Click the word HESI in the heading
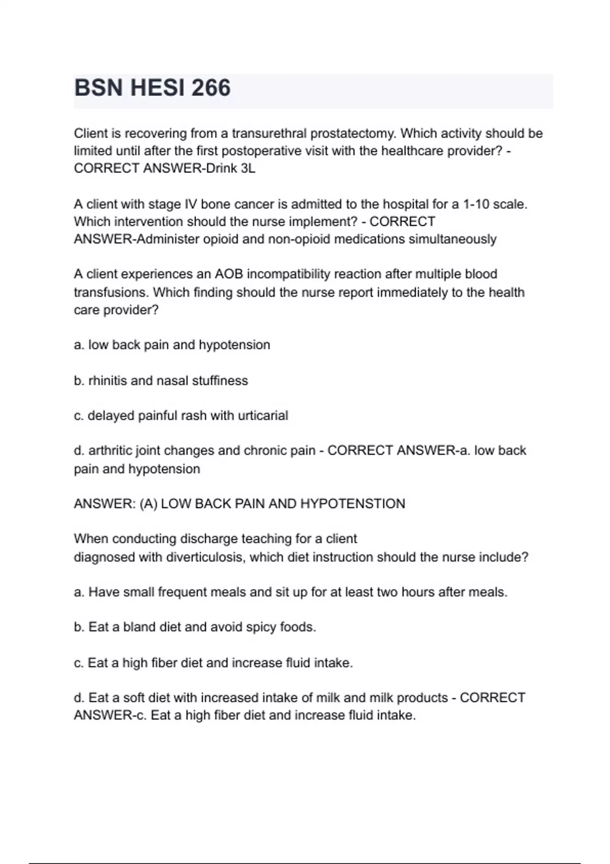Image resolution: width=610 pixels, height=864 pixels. (157, 88)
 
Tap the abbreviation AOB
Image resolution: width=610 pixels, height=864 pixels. (229, 274)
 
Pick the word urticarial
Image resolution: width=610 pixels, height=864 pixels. (263, 416)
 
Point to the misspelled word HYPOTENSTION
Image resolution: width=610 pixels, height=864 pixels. (353, 504)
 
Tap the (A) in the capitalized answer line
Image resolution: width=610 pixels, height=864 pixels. (148, 504)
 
